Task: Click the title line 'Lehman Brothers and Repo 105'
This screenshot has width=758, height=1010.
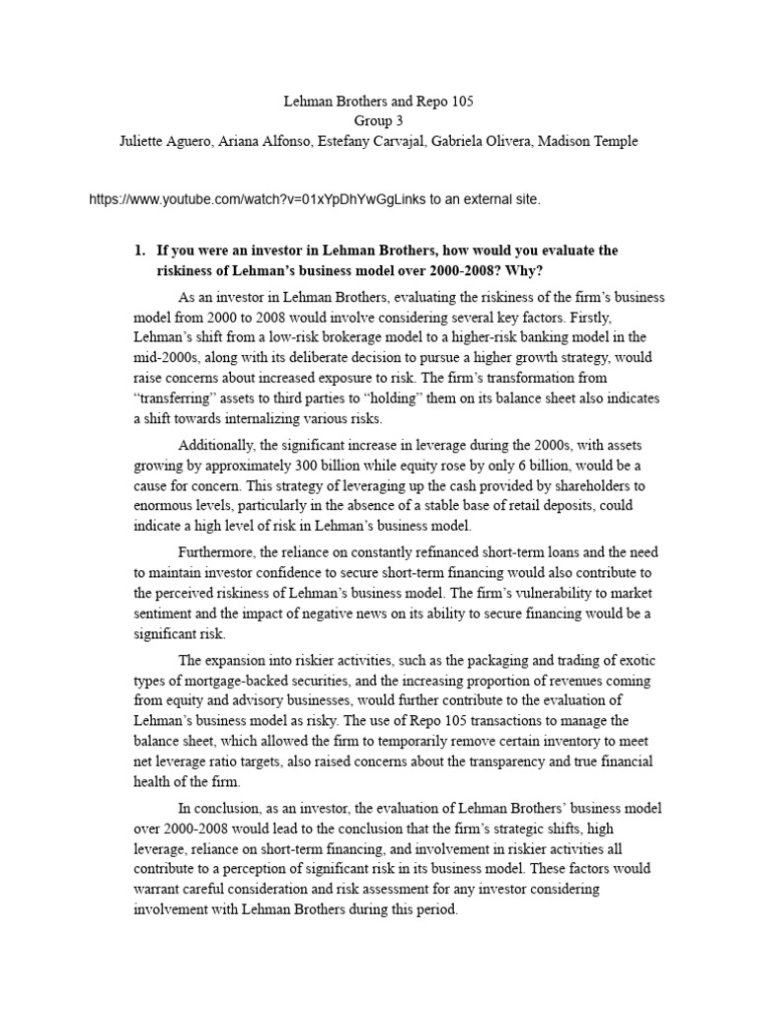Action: tap(379, 102)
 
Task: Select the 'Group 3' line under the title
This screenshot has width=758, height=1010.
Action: tap(379, 121)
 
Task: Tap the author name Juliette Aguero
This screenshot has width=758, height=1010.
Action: tap(164, 141)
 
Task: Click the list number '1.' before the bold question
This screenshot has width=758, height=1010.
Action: tap(140, 251)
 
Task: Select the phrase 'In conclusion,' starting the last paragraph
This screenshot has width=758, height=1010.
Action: tap(222, 808)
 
